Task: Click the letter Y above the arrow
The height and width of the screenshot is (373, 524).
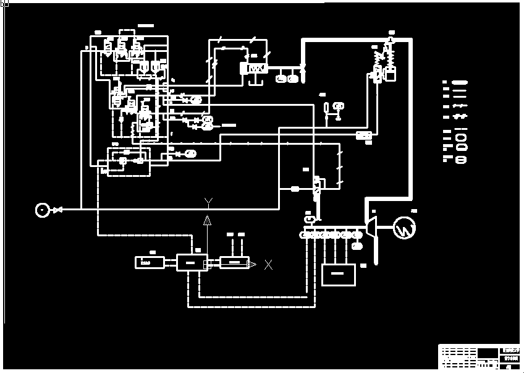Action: click(209, 201)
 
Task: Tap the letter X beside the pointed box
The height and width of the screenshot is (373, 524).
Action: click(268, 265)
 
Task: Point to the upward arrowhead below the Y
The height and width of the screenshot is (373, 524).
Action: click(208, 219)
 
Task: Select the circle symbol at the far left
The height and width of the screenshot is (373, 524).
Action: click(42, 210)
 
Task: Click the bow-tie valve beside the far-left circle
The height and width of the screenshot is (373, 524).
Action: click(57, 210)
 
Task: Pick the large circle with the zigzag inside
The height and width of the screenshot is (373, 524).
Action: click(404, 228)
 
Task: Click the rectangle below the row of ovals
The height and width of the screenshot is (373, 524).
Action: click(339, 275)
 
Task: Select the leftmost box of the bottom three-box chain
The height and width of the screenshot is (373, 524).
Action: click(150, 262)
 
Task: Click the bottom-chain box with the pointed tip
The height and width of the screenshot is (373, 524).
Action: click(235, 262)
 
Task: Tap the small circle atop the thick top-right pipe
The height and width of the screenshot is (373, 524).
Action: click(391, 40)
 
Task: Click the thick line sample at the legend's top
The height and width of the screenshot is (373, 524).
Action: click(460, 82)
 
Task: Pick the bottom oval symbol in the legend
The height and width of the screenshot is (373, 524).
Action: click(460, 160)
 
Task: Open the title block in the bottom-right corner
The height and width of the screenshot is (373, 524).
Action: click(479, 357)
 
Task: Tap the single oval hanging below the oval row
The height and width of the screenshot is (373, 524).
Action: click(357, 246)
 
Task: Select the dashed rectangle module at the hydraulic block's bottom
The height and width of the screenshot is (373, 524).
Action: click(129, 161)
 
